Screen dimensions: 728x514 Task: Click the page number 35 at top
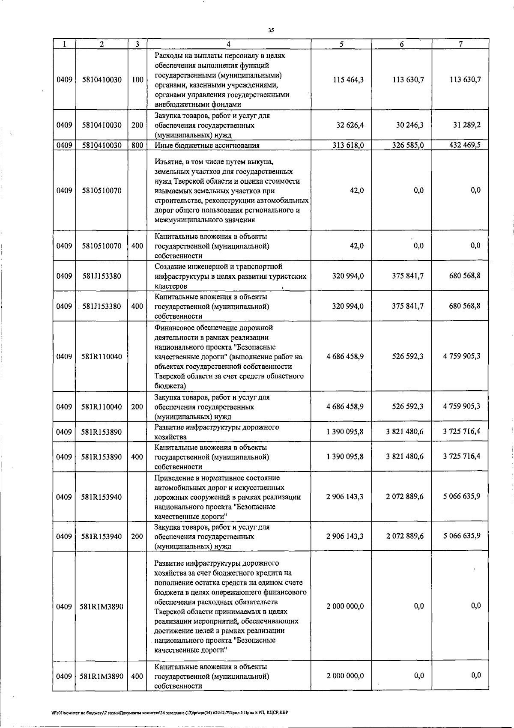(270, 30)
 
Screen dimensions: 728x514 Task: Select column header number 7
(460, 44)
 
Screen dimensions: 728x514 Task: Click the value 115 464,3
(348, 80)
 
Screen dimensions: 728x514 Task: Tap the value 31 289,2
(466, 125)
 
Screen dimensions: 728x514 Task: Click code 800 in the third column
(137, 145)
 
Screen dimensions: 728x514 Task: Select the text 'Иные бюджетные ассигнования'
(207, 146)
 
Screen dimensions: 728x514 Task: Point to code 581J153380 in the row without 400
(102, 276)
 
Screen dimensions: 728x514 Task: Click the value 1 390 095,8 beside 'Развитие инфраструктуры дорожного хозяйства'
(345, 432)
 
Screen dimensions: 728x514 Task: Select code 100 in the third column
(137, 80)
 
